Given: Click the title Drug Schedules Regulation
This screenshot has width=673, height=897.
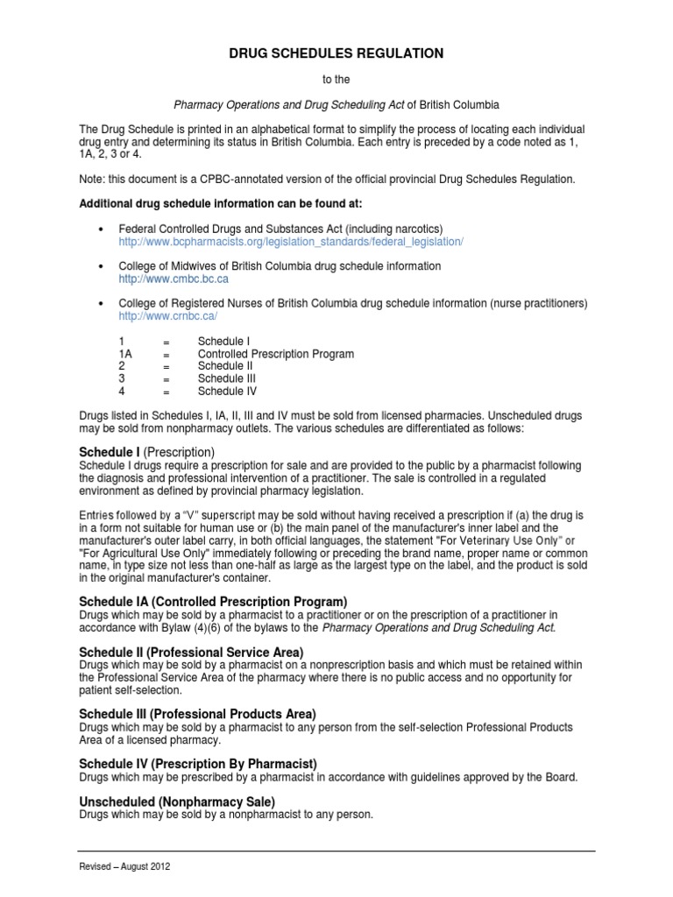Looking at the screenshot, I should [336, 53].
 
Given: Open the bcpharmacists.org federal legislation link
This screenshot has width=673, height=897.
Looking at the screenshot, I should [290, 241].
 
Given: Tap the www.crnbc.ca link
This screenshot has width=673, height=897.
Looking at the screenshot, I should [167, 315].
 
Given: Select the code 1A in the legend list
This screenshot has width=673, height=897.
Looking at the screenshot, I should [125, 354].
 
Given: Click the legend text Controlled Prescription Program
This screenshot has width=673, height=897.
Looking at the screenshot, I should [275, 354].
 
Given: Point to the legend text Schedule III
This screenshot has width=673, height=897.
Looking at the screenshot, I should [227, 378].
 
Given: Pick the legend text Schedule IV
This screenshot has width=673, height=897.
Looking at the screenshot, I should [227, 392].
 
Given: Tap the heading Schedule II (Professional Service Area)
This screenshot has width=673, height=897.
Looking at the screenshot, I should [191, 652].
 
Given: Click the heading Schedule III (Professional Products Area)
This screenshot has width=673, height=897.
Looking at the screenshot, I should [197, 714].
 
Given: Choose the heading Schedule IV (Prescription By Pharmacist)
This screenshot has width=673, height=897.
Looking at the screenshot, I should [198, 764].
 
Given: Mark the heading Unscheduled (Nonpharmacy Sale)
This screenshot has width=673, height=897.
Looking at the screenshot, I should [177, 802].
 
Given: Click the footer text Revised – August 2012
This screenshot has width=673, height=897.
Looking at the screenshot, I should [124, 866].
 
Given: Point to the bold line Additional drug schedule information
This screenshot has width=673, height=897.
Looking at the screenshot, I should [216, 203].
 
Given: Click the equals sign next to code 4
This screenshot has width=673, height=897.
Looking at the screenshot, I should [166, 392].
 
